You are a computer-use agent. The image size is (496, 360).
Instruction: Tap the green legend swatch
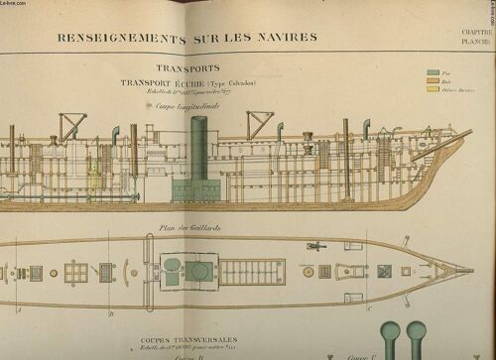[x=432, y=72]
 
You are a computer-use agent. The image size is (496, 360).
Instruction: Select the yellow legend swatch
[x=432, y=89]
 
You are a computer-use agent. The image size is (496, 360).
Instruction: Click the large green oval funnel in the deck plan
[x=198, y=271]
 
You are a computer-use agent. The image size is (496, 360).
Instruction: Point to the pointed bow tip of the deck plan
[x=472, y=269]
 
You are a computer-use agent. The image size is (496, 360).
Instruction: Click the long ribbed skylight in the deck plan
[x=252, y=271]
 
